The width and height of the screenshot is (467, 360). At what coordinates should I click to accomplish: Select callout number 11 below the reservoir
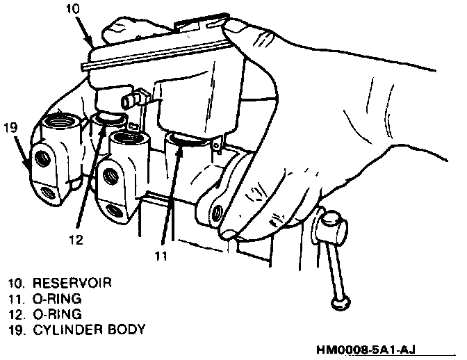[x=161, y=255]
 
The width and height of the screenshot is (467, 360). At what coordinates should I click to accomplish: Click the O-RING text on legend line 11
[x=55, y=298]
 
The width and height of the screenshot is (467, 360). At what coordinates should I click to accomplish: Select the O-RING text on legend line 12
[x=55, y=313]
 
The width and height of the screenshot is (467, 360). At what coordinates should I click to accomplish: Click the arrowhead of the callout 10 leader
[x=91, y=44]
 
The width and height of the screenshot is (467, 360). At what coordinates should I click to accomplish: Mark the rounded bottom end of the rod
[x=338, y=302]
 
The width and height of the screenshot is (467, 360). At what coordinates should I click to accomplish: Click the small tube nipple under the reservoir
[x=129, y=102]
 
